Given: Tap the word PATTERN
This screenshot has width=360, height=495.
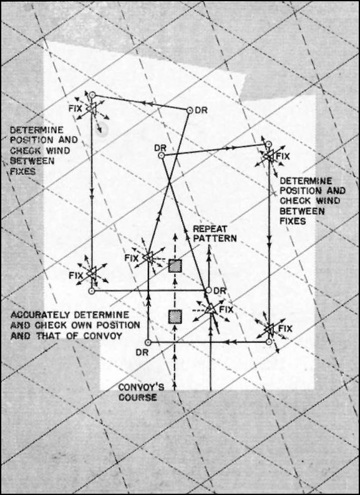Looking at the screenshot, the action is click(215, 238).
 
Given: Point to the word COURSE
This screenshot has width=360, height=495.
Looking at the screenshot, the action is click(137, 397).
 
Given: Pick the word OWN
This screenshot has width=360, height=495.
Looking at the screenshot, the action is click(85, 325).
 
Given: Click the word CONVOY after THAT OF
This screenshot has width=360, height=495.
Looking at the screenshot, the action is click(102, 336).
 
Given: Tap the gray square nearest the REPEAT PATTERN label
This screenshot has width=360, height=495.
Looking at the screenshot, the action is click(175, 266).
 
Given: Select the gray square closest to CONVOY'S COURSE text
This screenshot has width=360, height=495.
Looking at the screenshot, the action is click(175, 316).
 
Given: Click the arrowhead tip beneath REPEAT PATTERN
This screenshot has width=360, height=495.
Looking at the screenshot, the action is click(208, 246).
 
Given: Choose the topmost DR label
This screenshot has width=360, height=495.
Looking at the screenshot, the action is click(201, 110).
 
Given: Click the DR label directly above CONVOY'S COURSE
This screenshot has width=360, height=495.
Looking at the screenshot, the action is click(142, 352).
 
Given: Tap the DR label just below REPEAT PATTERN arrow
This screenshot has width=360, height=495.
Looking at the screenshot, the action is click(220, 291).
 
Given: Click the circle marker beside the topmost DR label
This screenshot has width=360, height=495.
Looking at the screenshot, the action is click(189, 110).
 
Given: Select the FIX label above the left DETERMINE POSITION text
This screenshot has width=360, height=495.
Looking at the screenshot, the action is click(75, 109).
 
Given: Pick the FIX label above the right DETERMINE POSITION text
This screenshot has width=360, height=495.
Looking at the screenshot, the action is click(283, 156).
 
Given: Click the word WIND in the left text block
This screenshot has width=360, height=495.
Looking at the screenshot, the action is click(58, 150).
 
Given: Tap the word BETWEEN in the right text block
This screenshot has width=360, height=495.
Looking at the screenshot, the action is click(302, 211).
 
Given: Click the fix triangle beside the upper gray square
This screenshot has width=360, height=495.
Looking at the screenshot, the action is click(148, 258).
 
